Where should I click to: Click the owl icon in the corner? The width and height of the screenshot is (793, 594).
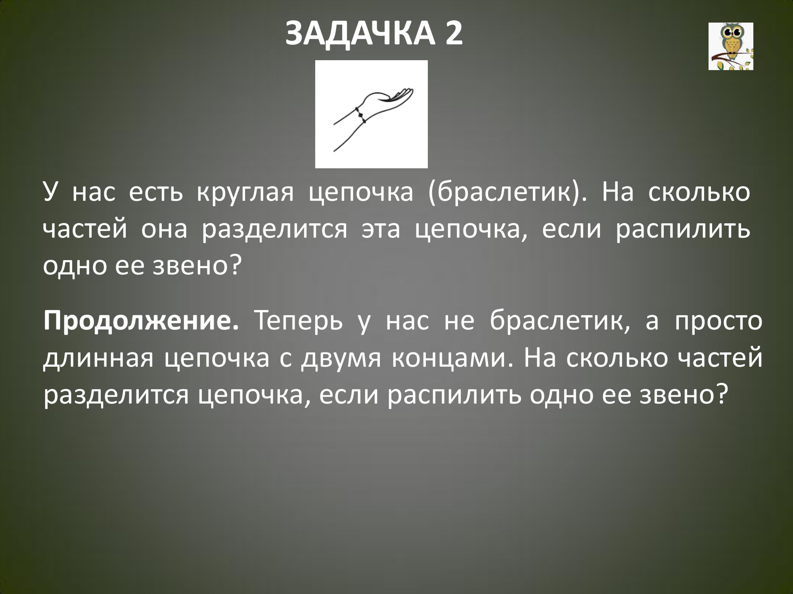[731, 46]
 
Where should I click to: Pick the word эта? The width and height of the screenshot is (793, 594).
[381, 231]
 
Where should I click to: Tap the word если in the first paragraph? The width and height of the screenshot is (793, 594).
[570, 231]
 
